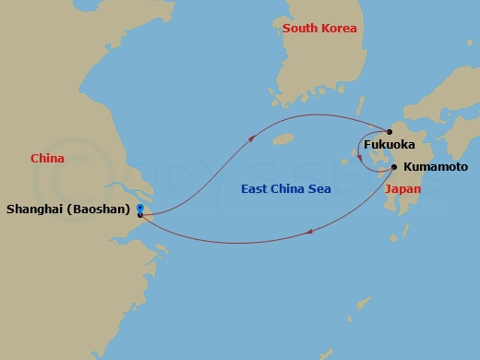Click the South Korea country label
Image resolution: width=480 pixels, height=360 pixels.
point(319,29)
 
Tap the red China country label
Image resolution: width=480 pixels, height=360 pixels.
point(47,159)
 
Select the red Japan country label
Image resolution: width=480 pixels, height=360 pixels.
point(402,188)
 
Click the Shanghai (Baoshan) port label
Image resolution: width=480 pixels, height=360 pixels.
point(67,210)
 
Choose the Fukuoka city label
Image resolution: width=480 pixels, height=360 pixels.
point(389,145)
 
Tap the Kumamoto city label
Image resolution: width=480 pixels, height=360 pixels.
point(436,168)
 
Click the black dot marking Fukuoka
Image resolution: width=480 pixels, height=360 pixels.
point(390,131)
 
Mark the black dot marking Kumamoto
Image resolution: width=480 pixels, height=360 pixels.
point(395,167)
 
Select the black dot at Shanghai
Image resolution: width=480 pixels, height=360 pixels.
point(139,214)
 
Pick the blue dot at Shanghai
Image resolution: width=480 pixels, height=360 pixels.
point(138,207)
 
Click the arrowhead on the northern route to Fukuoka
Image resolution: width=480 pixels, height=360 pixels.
point(252,138)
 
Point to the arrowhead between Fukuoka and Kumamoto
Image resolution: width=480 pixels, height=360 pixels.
point(359,158)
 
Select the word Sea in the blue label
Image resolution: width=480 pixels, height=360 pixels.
point(319,189)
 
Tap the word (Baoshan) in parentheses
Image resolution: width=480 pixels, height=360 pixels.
point(98,210)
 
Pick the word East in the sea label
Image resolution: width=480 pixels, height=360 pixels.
point(254,189)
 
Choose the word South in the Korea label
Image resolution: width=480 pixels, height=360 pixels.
point(300,29)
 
